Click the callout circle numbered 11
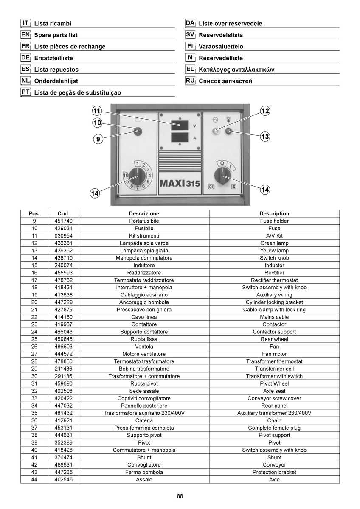pyautogui.click(x=97, y=111)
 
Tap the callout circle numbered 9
pyautogui.click(x=98, y=139)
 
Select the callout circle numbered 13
pyautogui.click(x=265, y=137)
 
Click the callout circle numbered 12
pyautogui.click(x=265, y=111)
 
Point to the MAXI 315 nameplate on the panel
pyautogui.click(x=180, y=183)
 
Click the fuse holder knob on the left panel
pyautogui.click(x=138, y=131)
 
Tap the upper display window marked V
pyautogui.click(x=180, y=125)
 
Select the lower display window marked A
pyautogui.click(x=180, y=137)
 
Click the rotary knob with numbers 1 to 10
pyautogui.click(x=138, y=177)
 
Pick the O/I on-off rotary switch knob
pyautogui.click(x=222, y=176)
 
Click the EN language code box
pyautogui.click(x=26, y=35)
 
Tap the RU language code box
pyautogui.click(x=190, y=81)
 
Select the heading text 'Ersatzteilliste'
pyautogui.click(x=53, y=58)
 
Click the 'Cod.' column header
pyautogui.click(x=63, y=214)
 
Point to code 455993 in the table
pyautogui.click(x=63, y=273)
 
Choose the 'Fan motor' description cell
pyautogui.click(x=274, y=354)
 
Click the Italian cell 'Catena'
pyautogui.click(x=144, y=420)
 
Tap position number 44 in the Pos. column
pyautogui.click(x=34, y=479)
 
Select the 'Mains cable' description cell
pyautogui.click(x=274, y=317)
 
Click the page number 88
pyautogui.click(x=180, y=496)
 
